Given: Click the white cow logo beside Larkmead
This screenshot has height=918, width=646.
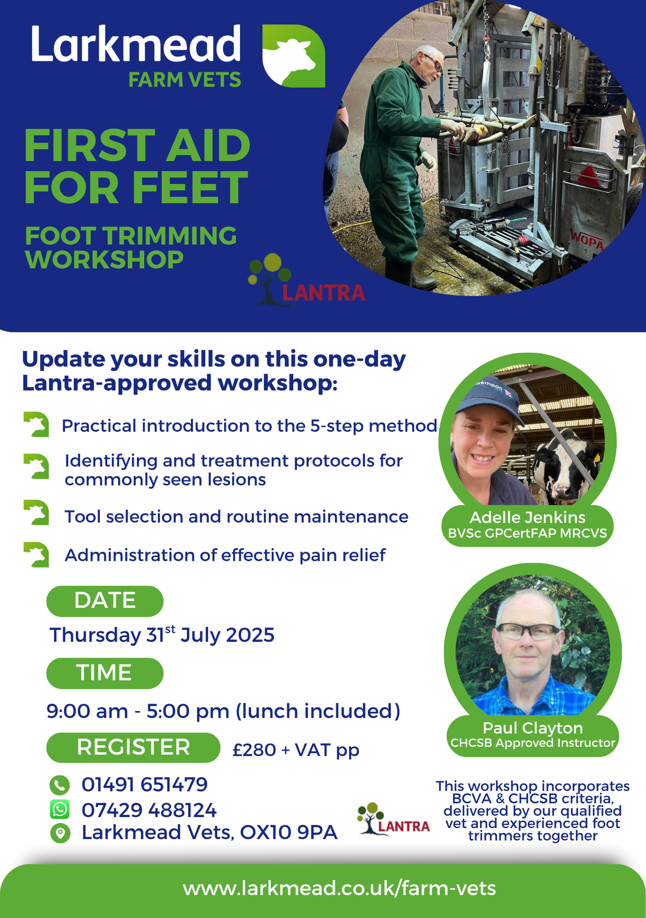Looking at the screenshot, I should (x=293, y=56).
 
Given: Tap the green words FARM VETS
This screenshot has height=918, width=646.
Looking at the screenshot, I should (x=184, y=80).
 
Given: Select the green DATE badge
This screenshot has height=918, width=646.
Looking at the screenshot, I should (x=105, y=601).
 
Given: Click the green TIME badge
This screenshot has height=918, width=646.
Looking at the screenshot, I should (x=105, y=673).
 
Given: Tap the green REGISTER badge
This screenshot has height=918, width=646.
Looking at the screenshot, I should (x=133, y=747).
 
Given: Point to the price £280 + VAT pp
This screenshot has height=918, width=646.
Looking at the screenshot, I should (x=296, y=750).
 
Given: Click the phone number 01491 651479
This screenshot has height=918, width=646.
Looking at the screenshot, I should (x=144, y=784).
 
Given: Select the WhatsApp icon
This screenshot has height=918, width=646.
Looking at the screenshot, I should (x=60, y=809).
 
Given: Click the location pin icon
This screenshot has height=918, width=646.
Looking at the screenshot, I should (x=60, y=833).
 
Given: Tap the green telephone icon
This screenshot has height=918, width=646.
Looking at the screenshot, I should (x=60, y=785).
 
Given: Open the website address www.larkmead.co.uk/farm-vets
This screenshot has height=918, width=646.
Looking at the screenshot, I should (x=339, y=888).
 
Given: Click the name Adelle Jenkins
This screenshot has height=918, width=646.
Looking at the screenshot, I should (x=527, y=518).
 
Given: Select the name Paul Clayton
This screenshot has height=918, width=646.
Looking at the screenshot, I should (x=533, y=728).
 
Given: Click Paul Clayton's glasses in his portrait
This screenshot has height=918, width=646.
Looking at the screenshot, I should (x=527, y=631).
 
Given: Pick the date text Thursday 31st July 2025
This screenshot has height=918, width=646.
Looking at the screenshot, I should (x=162, y=635).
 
